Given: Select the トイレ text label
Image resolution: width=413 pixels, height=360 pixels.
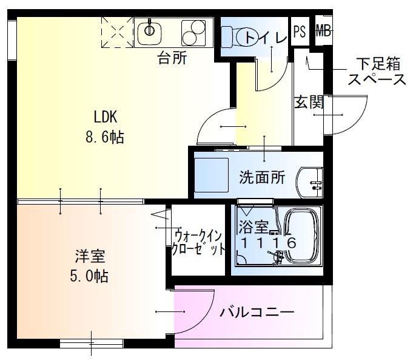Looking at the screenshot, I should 265,38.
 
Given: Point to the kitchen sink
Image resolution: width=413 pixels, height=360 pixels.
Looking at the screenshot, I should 150,31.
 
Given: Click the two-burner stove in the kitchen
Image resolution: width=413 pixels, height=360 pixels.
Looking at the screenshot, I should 193,32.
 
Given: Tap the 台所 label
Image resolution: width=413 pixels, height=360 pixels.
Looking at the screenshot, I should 172,59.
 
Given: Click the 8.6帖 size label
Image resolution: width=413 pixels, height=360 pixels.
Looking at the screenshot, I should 104,137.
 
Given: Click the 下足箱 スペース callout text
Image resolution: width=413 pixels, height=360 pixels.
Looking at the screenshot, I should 377,72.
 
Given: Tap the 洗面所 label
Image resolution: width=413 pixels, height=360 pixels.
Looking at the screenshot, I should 262,178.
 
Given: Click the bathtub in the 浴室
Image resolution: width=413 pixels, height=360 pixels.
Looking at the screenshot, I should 303,239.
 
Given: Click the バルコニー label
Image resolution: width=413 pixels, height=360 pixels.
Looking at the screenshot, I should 257,313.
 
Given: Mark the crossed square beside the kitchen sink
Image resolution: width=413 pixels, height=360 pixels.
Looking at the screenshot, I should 116,32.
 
